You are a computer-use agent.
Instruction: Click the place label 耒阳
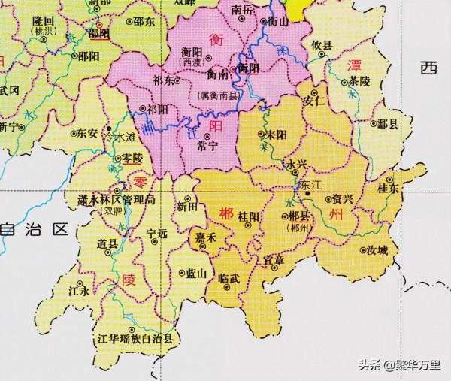[274, 135]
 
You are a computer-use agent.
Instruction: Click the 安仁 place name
[313, 100]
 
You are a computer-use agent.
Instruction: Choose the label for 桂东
[389, 187]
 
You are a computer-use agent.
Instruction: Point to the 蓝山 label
[195, 274]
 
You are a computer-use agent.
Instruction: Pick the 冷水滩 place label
[118, 137]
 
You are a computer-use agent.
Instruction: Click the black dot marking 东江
[307, 194]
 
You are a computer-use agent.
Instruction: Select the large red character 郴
[225, 214]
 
